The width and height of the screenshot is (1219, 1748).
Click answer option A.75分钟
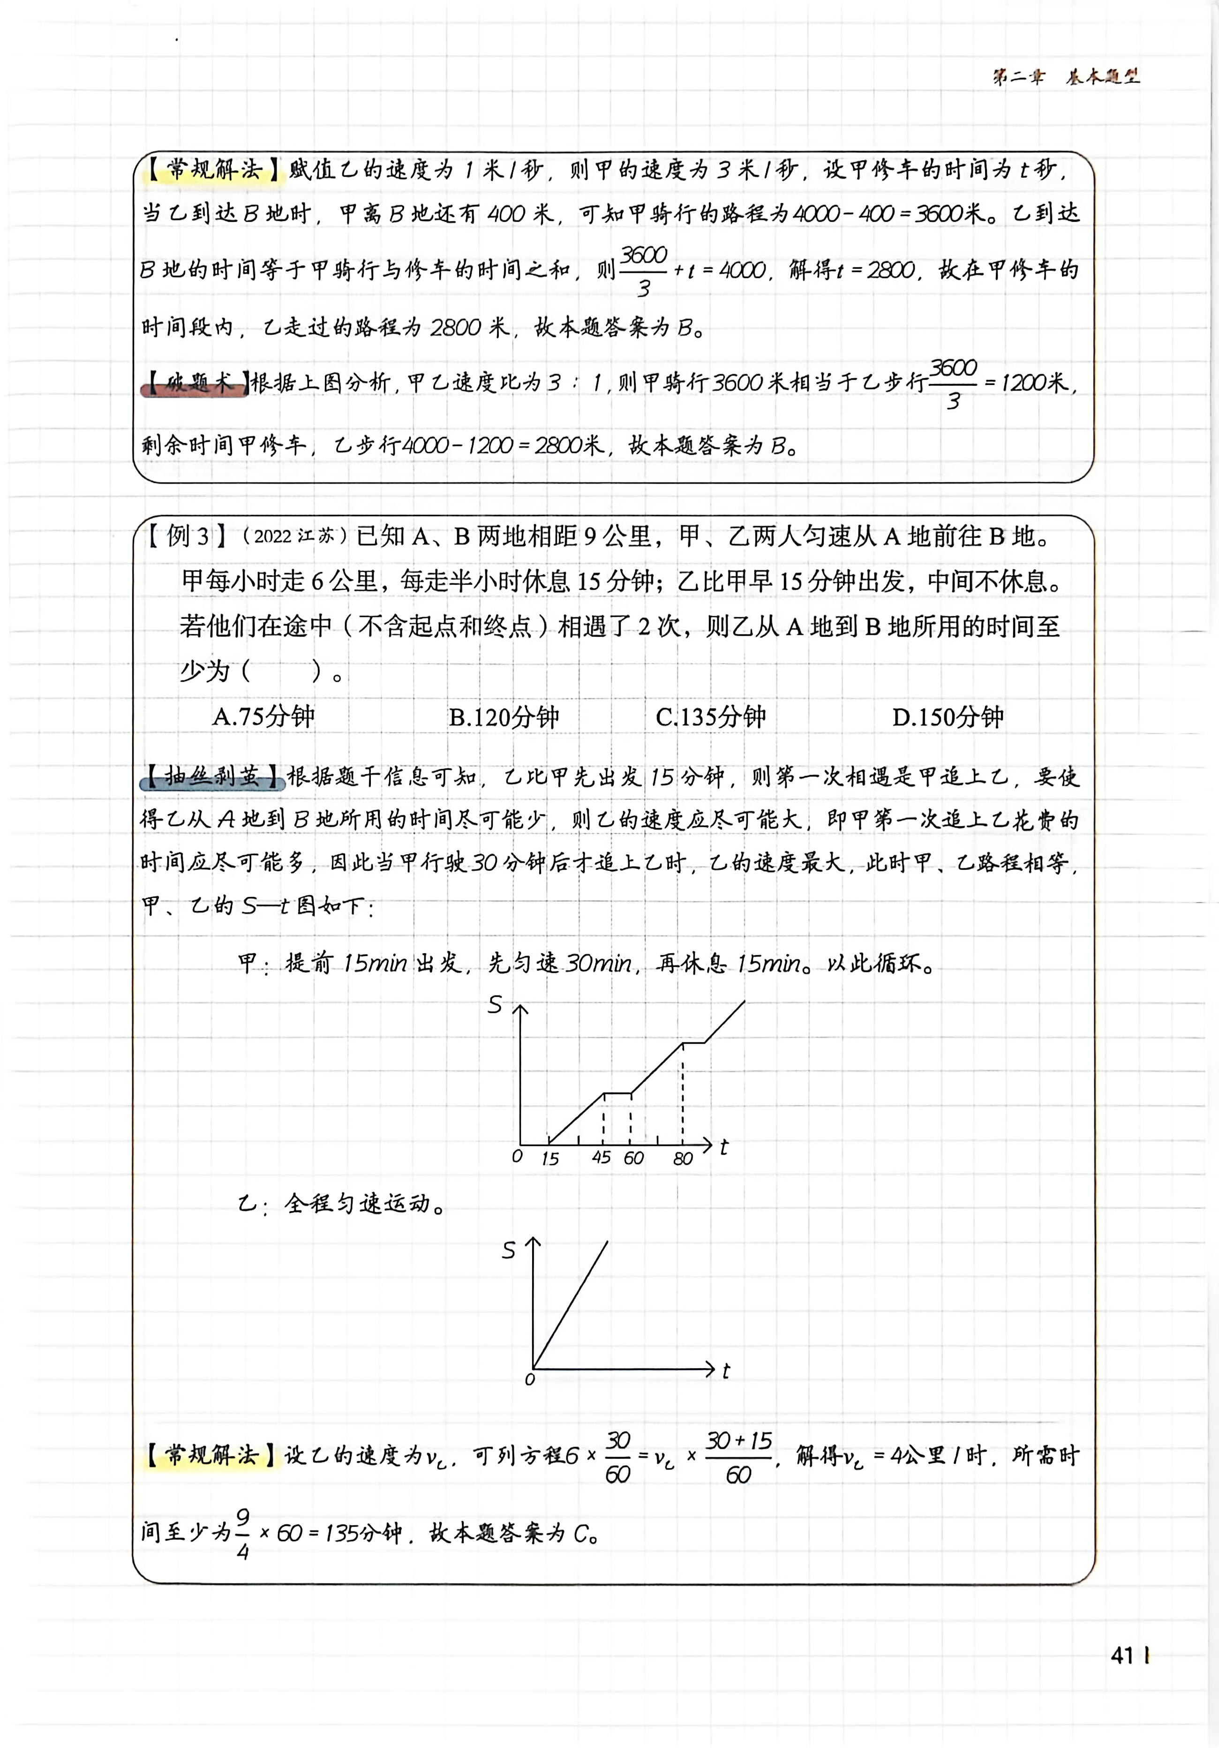(263, 716)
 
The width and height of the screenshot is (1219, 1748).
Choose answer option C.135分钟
(710, 716)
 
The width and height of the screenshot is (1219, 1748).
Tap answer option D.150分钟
(948, 716)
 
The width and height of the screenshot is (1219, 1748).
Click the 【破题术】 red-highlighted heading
(195, 383)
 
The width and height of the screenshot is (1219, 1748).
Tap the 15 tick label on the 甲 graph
(550, 1159)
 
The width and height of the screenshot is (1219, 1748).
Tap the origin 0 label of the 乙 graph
(530, 1379)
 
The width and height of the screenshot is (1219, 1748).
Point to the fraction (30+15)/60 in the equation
(738, 1457)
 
